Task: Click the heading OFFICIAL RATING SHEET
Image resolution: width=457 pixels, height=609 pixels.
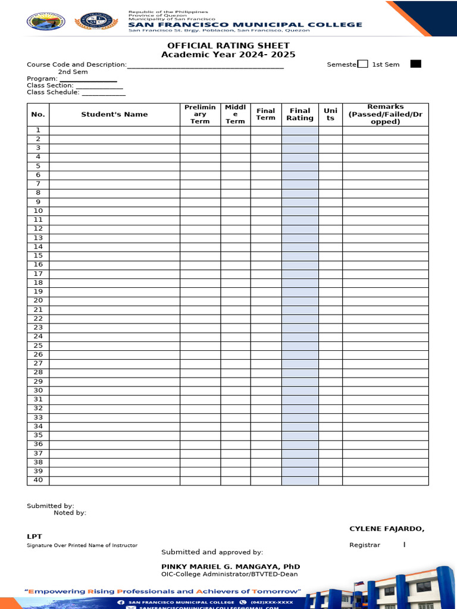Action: [228, 46]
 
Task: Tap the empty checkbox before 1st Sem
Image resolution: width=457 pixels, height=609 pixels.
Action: [363, 64]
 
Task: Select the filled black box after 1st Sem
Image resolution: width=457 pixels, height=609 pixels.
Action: [415, 64]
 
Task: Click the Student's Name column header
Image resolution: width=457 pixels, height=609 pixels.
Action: [114, 114]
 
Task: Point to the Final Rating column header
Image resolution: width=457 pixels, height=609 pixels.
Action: [300, 114]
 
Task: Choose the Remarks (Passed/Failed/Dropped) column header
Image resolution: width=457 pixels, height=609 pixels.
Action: [385, 114]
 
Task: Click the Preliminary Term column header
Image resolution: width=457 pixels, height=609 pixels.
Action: [200, 114]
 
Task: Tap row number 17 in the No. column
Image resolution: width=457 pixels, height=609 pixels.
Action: [38, 274]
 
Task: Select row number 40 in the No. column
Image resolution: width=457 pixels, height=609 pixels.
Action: [38, 480]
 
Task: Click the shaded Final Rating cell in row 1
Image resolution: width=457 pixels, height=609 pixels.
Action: [300, 130]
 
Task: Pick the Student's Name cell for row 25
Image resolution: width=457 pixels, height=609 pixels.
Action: [114, 346]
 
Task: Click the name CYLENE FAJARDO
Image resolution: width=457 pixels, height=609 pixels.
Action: [387, 529]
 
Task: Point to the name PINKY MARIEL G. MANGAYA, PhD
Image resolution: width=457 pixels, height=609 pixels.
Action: [230, 567]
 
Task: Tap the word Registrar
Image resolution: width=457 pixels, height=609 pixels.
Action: [364, 545]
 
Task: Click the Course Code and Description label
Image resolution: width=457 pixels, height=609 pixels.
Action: [76, 65]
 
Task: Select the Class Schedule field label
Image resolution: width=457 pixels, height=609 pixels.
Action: [53, 92]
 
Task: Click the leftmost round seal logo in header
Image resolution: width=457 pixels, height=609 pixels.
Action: [46, 21]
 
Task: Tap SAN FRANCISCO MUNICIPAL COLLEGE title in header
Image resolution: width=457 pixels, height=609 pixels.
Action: [245, 24]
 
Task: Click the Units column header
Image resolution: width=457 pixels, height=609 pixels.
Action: [330, 114]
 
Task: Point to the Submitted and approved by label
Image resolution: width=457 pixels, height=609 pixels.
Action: [212, 553]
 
